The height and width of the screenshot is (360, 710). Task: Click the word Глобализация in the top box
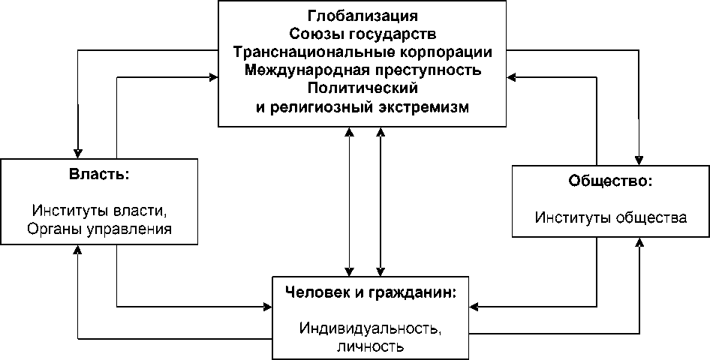[363, 16]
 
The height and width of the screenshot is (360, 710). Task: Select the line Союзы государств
[363, 34]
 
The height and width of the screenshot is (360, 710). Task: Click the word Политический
[363, 88]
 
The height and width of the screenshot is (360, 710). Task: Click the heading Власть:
[100, 175]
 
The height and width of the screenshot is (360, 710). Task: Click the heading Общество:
[610, 182]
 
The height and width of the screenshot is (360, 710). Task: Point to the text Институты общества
[610, 218]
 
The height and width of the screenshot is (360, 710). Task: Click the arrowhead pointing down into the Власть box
[77, 152]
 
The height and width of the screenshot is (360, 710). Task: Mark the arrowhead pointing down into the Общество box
[639, 160]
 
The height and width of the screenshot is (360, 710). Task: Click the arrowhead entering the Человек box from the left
[267, 306]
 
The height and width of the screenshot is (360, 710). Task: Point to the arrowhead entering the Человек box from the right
[475, 306]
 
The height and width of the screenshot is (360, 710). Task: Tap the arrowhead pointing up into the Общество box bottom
[639, 243]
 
